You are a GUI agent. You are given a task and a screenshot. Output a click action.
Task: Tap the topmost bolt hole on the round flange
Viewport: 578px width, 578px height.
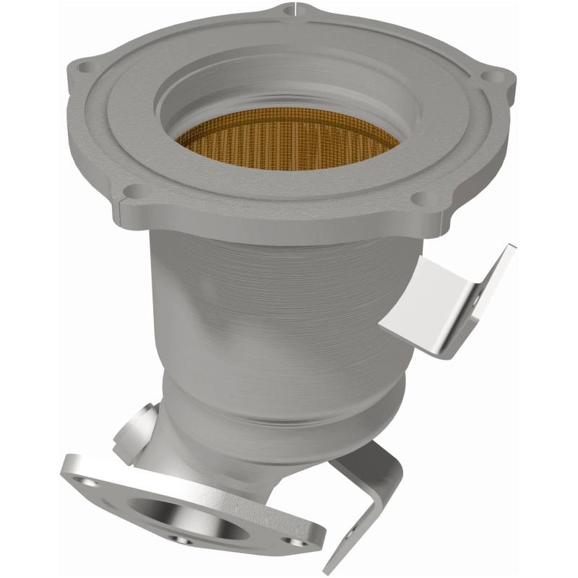(288, 10)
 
